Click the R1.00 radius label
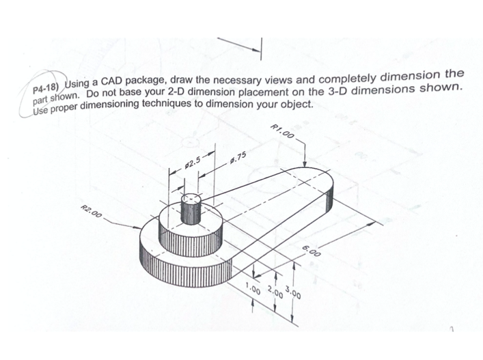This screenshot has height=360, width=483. [282, 131]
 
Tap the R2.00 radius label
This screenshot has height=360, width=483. [91, 211]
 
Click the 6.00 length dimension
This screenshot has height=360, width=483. [312, 251]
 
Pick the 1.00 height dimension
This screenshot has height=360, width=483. [253, 289]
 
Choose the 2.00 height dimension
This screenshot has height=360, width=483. [275, 292]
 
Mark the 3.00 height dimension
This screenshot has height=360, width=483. [293, 292]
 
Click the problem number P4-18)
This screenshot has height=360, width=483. [44, 88]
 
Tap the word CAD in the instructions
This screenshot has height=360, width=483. [112, 81]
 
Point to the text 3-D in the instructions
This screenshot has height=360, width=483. [337, 91]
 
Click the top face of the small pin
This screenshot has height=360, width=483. [191, 198]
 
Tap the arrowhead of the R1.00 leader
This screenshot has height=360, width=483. [305, 164]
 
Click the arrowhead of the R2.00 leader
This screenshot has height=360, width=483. [138, 228]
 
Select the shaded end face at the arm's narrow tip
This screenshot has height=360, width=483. [329, 200]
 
